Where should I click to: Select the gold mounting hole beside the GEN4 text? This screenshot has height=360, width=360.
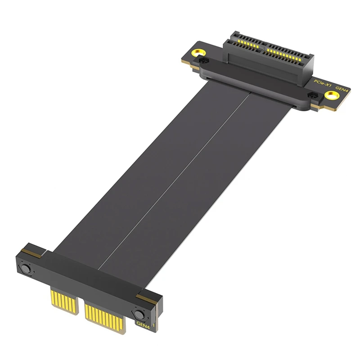click(x=332, y=95)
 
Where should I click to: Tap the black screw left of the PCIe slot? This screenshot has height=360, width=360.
click(x=204, y=59)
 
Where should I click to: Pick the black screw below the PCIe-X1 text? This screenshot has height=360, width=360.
click(x=310, y=95)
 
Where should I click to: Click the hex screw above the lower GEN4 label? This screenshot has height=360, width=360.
click(x=136, y=314)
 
